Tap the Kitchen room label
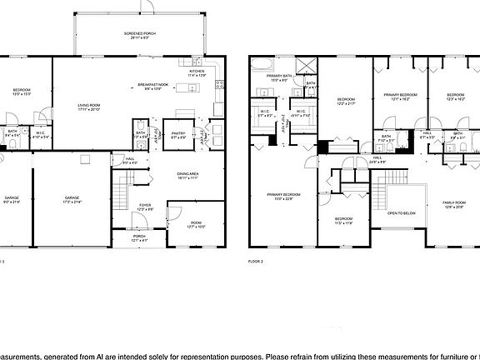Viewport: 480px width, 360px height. tap(197, 73)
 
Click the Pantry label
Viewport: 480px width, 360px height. tap(177, 133)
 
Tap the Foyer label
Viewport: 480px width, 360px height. tap(145, 206)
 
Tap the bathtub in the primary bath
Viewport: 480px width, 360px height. tap(262, 63)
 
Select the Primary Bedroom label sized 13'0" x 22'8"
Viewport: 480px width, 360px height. tap(282, 197)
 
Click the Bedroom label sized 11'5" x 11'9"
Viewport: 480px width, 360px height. tap(344, 222)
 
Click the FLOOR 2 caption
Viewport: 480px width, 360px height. tap(256, 262)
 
